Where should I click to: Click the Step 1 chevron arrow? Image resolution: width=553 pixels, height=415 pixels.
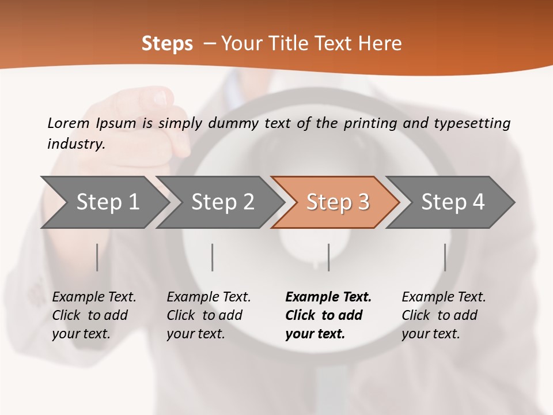coord(107,202)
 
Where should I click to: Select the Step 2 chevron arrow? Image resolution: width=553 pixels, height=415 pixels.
coord(222,202)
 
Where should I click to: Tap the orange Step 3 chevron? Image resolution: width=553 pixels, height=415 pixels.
coord(338,202)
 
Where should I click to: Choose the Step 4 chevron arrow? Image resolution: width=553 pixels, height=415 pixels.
coord(453,202)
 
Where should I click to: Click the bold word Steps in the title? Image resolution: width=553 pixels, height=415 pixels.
coord(167,44)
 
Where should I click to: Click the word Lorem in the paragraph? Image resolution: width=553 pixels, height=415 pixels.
coord(69,123)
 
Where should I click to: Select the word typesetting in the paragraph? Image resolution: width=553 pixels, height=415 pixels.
coord(472,123)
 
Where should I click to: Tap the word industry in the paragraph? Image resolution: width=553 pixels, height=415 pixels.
coord(76,144)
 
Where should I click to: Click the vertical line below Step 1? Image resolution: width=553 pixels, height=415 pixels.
coord(97,257)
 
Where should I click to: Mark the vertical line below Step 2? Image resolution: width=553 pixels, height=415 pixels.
coord(213,257)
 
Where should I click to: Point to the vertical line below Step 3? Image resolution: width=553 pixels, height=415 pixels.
coord(328,257)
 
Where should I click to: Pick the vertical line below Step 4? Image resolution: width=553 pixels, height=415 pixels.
coord(445,257)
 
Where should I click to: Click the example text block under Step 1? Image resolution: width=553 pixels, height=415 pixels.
coord(94,315)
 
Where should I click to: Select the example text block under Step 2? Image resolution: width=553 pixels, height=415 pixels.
coord(209,315)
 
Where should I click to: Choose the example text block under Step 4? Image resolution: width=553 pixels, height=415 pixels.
coord(444,315)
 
